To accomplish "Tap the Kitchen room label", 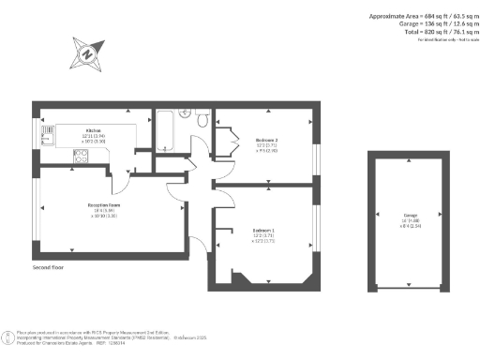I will pos(94,130).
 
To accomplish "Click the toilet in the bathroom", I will pos(202,118).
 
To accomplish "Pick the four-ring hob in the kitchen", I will pos(81,158).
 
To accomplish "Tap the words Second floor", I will pos(49,265).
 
